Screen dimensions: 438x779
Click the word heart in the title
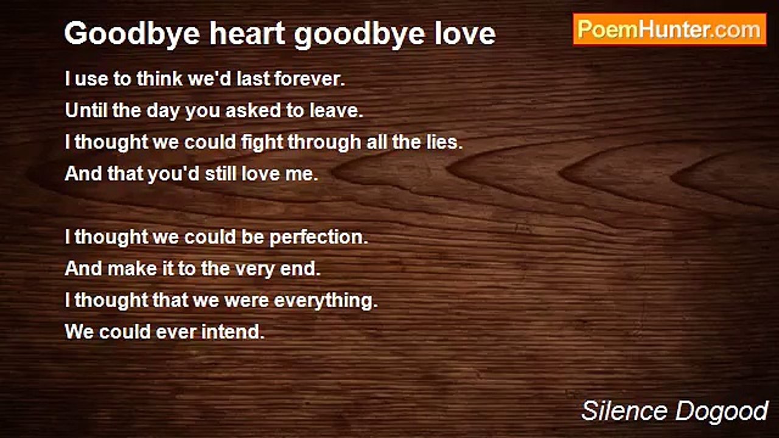pyautogui.click(x=248, y=33)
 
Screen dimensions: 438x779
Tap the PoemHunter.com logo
pyautogui.click(x=669, y=30)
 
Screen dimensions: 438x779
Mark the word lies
pyautogui.click(x=446, y=142)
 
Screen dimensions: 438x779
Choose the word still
pyautogui.click(x=215, y=174)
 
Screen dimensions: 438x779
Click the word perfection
pyautogui.click(x=319, y=237)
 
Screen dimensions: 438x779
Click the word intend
pyautogui.click(x=238, y=332)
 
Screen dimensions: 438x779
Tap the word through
pyautogui.click(x=324, y=142)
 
